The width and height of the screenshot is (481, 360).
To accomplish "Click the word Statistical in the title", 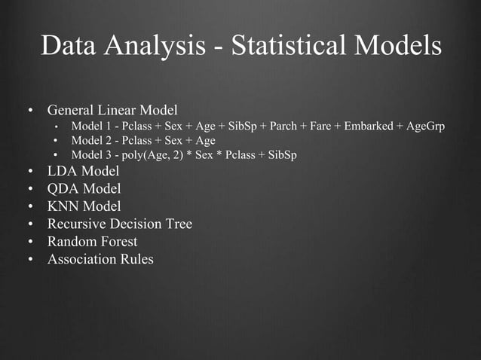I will coord(280,46).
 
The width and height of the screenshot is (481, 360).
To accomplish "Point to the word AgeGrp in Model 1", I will coord(425,126).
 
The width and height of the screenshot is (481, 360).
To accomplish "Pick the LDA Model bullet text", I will coord(84,172).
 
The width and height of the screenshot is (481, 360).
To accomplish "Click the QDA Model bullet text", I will coord(84,189).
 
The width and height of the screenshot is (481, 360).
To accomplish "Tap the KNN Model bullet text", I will coord(84,206).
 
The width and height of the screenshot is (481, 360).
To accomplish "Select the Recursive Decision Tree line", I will coord(120,224).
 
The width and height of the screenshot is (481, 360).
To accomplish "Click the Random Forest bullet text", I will coord(93,242).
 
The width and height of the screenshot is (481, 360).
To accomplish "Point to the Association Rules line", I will coord(100,259).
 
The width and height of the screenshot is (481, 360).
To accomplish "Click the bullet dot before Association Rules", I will coord(30,260).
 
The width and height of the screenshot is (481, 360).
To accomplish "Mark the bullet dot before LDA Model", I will coord(30,172).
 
